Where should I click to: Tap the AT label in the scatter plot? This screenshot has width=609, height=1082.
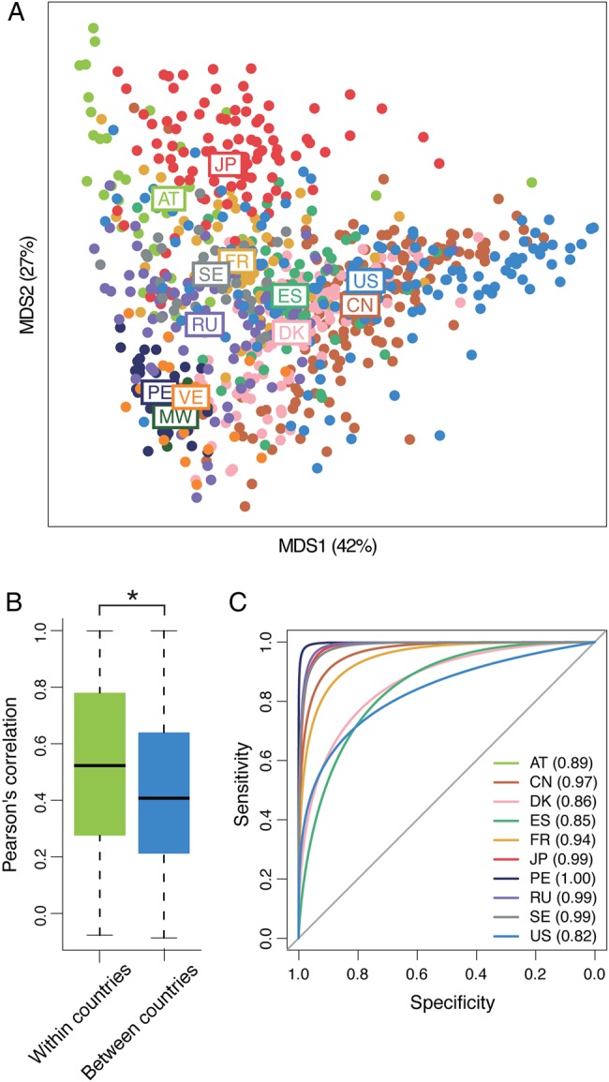[168, 199]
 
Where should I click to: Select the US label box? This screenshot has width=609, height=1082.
[365, 280]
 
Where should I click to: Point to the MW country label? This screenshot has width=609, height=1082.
[175, 417]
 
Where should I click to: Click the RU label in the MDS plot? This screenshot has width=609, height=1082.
[203, 324]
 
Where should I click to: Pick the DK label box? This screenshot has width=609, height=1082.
[292, 333]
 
